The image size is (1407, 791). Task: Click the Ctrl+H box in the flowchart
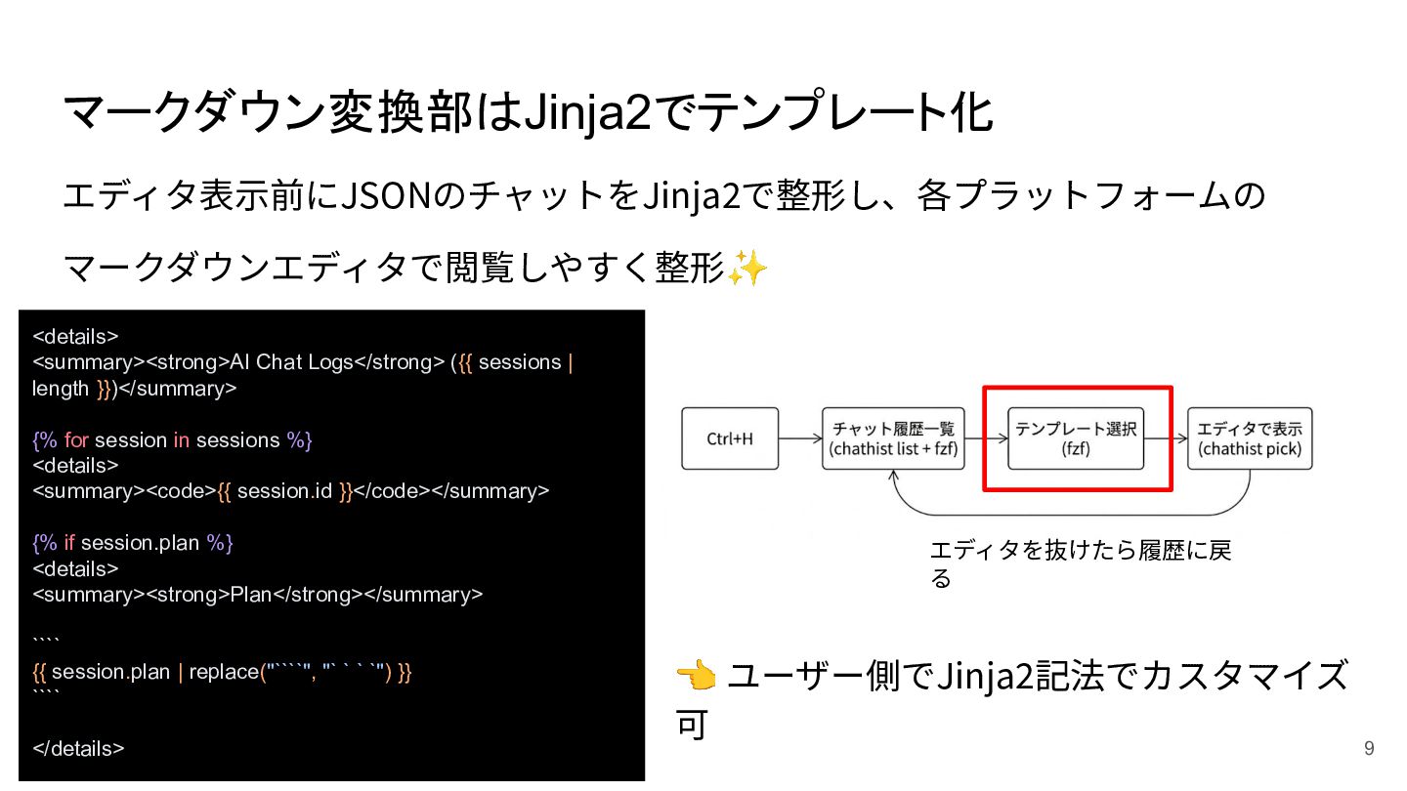coord(730,438)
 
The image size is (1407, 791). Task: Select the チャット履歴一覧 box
coord(893,438)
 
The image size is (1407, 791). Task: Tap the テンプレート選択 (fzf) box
coord(1076,438)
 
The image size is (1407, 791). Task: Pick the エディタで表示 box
coord(1250,438)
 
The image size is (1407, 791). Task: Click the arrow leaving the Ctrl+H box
coord(800,438)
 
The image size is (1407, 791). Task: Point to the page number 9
coord(1369,749)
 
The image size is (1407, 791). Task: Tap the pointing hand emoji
coord(696,674)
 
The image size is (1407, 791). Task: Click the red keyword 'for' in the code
coord(76,440)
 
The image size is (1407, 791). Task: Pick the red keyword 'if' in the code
coord(69,543)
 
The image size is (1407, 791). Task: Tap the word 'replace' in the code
coord(224,673)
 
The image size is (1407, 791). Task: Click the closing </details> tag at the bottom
coord(78,749)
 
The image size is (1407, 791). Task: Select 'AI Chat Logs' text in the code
coord(291,362)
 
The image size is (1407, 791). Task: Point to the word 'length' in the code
coord(61,389)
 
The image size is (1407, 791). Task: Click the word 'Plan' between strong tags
coord(251,595)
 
